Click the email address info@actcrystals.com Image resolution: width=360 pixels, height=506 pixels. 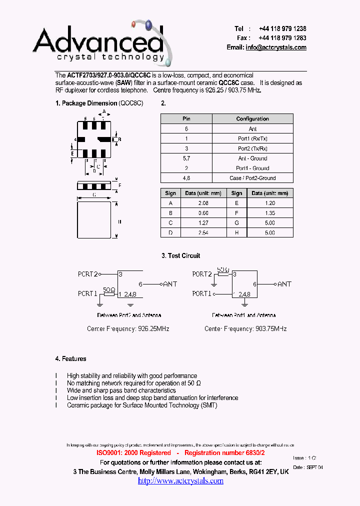point(276,47)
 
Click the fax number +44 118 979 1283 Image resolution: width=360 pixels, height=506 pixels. point(282,38)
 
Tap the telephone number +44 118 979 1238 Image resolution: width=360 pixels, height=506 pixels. point(282,29)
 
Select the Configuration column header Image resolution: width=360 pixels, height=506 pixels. point(252,119)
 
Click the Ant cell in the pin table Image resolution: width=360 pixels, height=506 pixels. point(252,129)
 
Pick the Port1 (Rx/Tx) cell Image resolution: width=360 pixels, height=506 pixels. point(252,138)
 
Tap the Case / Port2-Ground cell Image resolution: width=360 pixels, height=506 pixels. point(252,178)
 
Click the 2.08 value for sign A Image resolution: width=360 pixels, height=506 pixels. point(203,203)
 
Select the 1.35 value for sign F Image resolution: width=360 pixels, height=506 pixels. point(269,213)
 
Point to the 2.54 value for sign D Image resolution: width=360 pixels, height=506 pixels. point(203,232)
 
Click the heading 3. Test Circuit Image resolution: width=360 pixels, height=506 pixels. point(180,255)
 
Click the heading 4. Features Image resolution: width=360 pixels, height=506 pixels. point(70,358)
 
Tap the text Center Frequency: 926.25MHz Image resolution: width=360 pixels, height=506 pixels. point(128,328)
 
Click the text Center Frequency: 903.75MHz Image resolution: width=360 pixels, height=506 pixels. point(245,328)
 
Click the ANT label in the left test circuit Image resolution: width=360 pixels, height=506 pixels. point(170,284)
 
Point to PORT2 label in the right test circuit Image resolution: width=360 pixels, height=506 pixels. point(202,274)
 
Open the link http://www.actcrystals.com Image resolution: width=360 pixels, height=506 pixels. point(180,480)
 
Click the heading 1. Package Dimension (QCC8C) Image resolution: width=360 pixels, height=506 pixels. point(99,103)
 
